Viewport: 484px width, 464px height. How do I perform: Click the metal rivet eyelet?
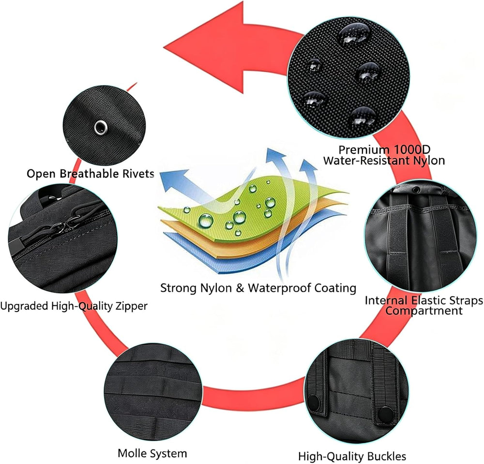(101, 128)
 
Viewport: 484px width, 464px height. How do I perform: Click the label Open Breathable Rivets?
(91, 174)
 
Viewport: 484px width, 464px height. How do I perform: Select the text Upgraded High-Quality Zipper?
(74, 306)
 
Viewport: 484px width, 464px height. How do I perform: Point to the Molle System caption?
(152, 453)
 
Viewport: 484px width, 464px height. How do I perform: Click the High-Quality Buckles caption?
(352, 456)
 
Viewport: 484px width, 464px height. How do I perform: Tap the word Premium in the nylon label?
(361, 150)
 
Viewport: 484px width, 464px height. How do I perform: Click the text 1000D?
(408, 150)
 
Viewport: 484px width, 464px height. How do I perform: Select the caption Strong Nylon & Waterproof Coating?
(258, 288)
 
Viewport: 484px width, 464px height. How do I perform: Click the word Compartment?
(424, 311)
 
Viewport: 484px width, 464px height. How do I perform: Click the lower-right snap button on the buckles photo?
(386, 413)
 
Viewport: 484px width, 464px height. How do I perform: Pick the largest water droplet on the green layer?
(206, 220)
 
